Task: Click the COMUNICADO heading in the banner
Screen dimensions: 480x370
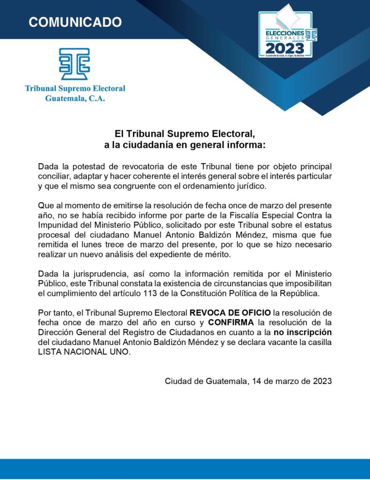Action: point(75,22)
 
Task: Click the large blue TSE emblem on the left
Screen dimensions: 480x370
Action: point(74,64)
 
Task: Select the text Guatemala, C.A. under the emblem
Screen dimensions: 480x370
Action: point(75,98)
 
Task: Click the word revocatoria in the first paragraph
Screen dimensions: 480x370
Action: point(144,167)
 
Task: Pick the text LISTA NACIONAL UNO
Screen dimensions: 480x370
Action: point(83,352)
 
